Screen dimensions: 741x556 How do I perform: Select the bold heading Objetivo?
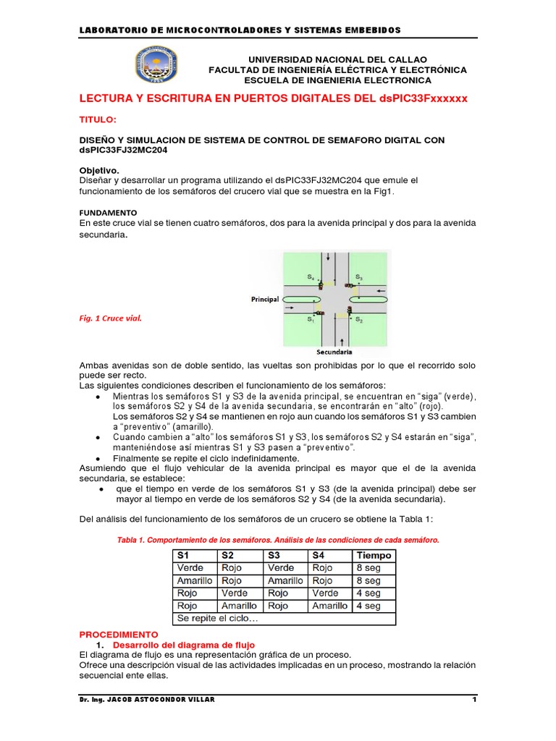(x=99, y=169)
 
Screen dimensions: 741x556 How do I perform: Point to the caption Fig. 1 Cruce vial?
(x=110, y=317)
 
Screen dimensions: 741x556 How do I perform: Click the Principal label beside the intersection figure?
(x=265, y=299)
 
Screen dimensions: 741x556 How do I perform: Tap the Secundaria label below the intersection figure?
(x=334, y=352)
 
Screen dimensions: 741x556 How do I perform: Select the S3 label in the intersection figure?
(x=359, y=277)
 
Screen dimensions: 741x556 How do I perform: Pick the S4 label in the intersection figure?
(x=310, y=277)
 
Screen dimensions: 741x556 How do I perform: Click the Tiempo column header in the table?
(x=374, y=555)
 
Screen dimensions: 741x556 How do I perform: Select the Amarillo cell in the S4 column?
(x=329, y=606)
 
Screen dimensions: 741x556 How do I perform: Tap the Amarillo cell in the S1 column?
(x=194, y=580)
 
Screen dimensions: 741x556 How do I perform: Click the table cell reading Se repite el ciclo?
(x=217, y=619)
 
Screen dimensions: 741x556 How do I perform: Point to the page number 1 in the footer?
(x=473, y=700)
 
